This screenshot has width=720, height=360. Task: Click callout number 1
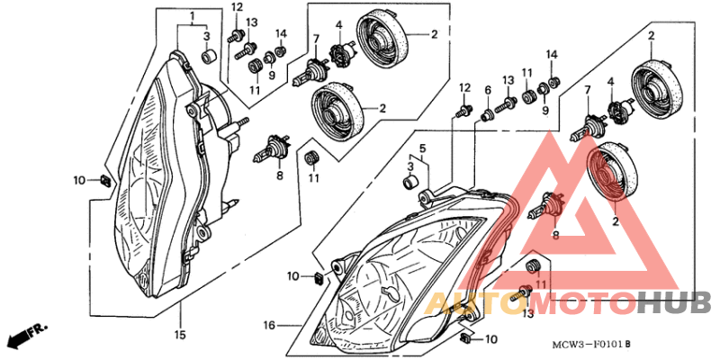pos(192,16)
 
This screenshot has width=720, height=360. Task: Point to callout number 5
pos(421,147)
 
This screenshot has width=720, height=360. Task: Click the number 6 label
pos(488,90)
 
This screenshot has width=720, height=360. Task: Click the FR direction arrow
pos(24,337)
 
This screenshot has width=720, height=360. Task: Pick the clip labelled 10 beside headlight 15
pos(104,181)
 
